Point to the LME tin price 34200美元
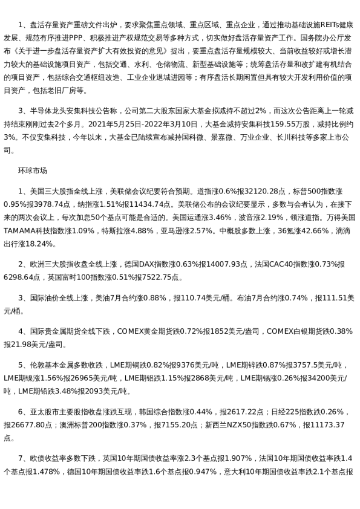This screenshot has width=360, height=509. (320, 378)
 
